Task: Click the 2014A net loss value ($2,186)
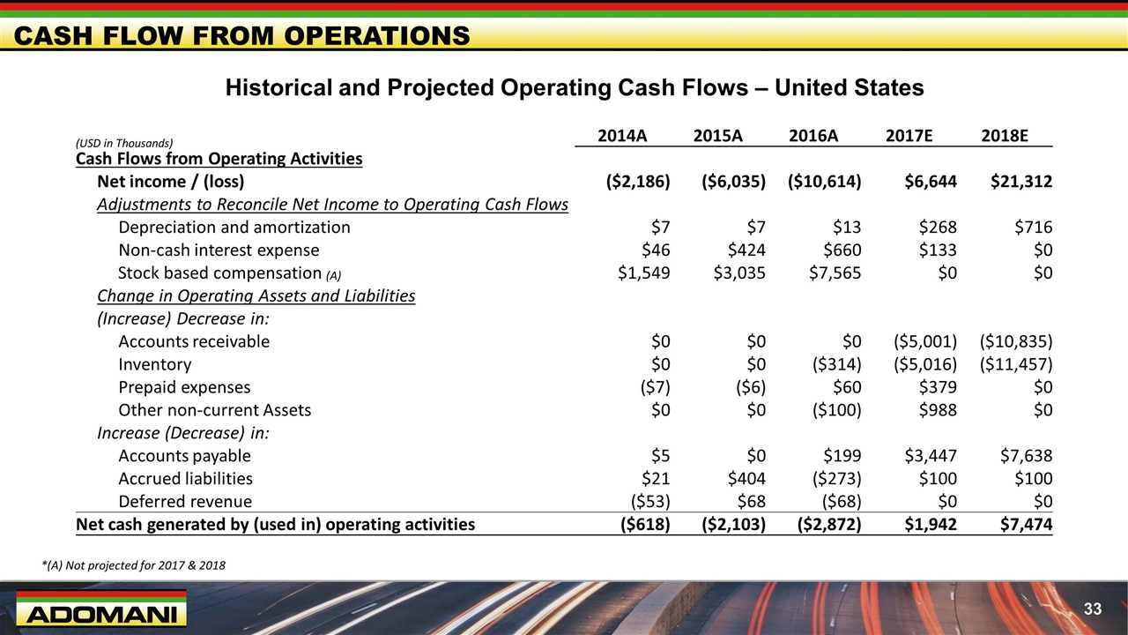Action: point(638,182)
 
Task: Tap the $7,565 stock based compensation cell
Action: point(835,273)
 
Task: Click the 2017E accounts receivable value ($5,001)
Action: point(924,341)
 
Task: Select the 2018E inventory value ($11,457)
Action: point(1015,364)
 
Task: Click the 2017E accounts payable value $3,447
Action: point(931,456)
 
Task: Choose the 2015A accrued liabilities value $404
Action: point(743,479)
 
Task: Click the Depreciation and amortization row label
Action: point(234,228)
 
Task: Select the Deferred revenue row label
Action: point(185,502)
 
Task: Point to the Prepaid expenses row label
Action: point(184,387)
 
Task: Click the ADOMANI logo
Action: point(100,610)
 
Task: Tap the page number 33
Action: point(1093,609)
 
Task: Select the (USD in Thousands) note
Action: point(124,143)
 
